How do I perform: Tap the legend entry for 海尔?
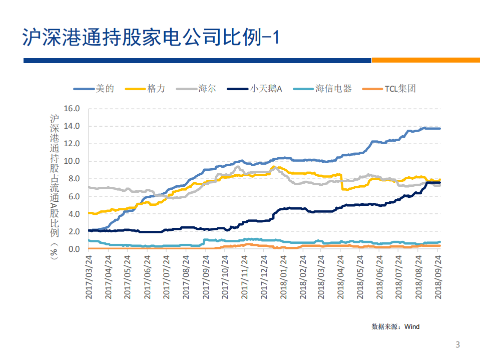[x=207, y=89]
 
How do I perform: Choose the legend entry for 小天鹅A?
[x=265, y=89]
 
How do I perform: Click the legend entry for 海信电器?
[x=333, y=89]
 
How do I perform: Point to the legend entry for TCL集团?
[x=399, y=89]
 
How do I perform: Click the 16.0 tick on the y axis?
[x=72, y=108]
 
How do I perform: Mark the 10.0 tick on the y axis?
[x=72, y=161]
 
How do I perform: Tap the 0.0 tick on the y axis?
[x=74, y=249]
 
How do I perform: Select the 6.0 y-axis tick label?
[x=74, y=197]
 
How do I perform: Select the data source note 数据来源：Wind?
[x=395, y=326]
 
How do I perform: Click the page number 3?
[x=457, y=344]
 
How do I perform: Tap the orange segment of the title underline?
[x=425, y=60]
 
